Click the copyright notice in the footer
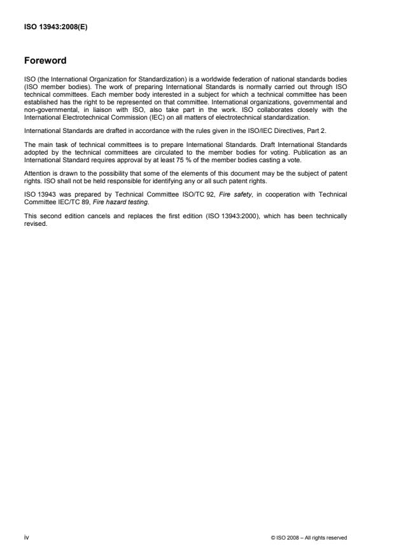pyautogui.click(x=308, y=538)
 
